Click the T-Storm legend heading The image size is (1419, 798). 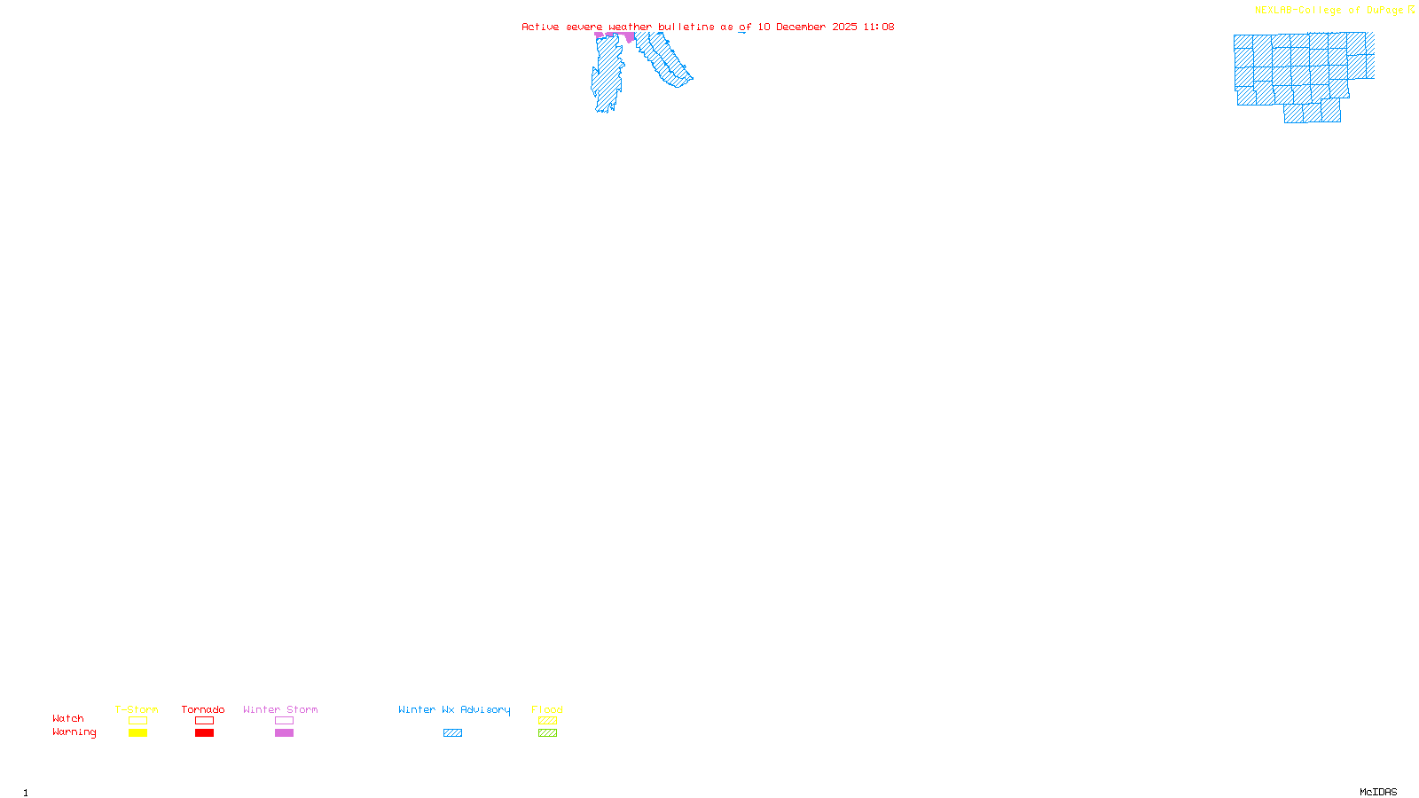coord(137,709)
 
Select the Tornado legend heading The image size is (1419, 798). coord(203,709)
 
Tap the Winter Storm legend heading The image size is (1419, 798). coord(280,709)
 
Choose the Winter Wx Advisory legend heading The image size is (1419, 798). coord(454,709)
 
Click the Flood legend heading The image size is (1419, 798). coord(547,709)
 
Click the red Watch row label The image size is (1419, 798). coord(68,718)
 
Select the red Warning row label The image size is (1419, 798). coord(74,732)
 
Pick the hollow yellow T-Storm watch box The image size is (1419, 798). coord(137,721)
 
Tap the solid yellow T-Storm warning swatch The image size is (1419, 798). coord(137,733)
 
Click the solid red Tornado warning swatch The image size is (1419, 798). coord(204,733)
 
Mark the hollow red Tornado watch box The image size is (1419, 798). coord(204,721)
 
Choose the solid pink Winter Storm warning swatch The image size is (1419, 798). coord(284,733)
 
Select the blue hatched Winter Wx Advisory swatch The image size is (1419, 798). coord(452,733)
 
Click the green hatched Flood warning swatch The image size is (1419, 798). coord(547,733)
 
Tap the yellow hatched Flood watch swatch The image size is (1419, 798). coord(547,721)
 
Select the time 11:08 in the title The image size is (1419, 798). coord(879,27)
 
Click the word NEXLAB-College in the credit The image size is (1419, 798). coord(1298,11)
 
